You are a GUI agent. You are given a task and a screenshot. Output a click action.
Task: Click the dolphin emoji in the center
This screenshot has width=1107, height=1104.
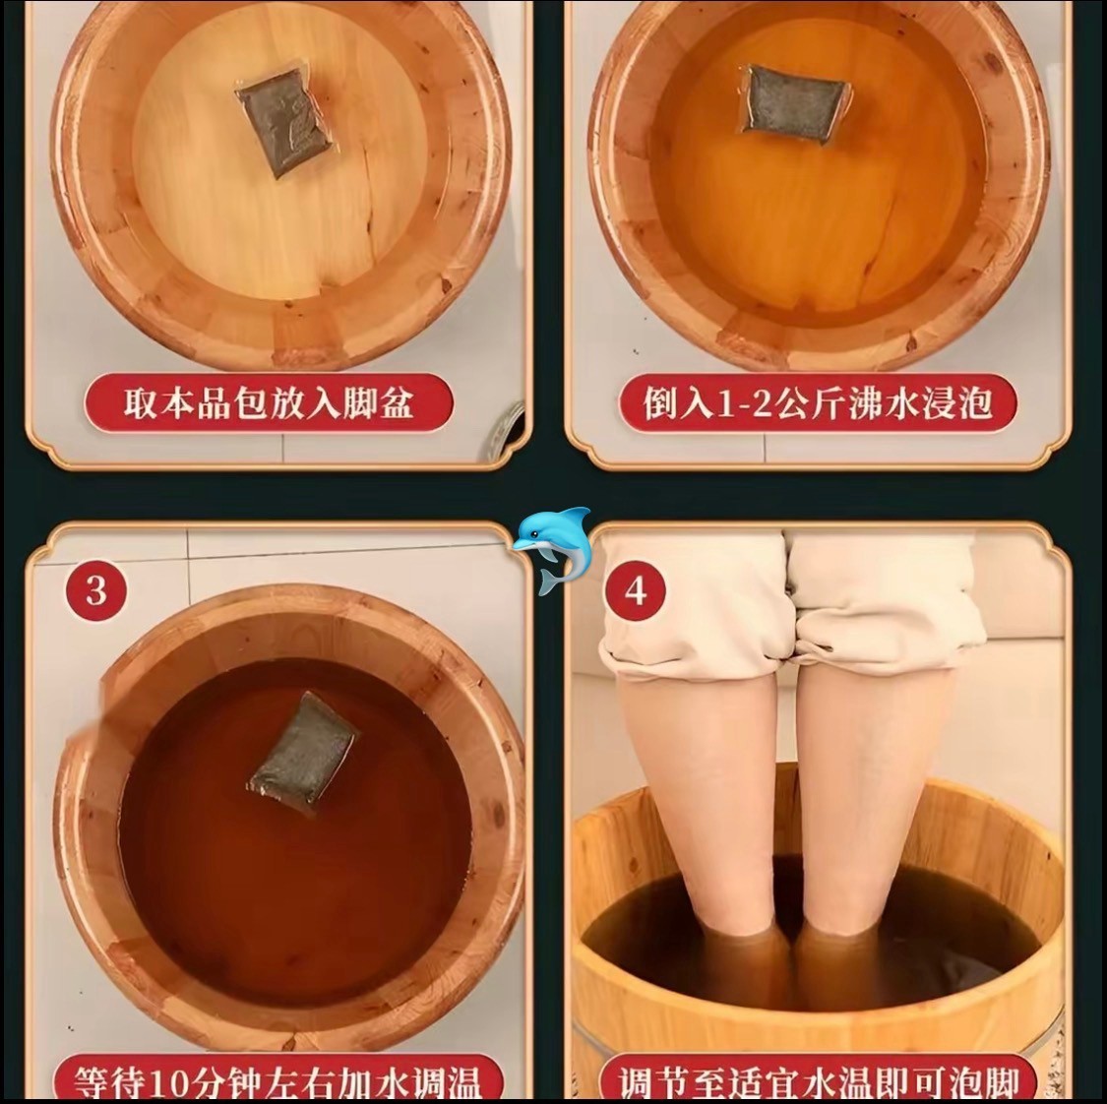click(x=552, y=549)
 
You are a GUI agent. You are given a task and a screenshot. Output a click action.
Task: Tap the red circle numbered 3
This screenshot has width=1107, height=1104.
click(x=96, y=590)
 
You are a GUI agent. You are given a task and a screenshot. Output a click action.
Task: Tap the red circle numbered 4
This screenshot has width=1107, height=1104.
click(x=636, y=590)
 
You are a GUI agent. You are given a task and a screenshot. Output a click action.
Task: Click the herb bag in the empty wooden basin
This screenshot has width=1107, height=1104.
click(x=286, y=127)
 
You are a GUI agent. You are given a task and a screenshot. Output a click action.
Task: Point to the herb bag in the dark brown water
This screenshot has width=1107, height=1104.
click(x=304, y=752)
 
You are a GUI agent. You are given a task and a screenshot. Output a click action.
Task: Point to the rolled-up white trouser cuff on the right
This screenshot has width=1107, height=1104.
click(x=891, y=628)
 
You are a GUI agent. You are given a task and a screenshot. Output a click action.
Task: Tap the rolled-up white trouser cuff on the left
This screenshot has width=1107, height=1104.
click(x=699, y=636)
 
